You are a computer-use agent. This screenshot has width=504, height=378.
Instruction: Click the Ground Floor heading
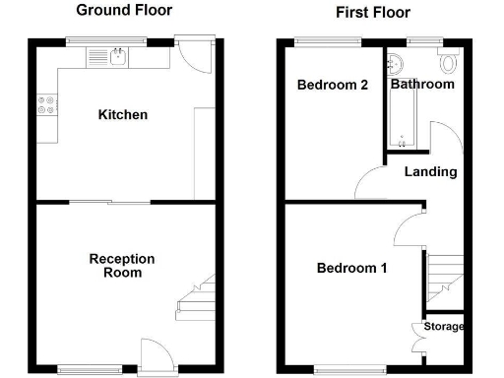click(124, 11)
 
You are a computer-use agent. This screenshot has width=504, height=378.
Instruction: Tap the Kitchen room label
click(123, 115)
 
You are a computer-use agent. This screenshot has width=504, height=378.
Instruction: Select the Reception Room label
click(122, 266)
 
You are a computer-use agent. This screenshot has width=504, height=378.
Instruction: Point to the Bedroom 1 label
click(351, 268)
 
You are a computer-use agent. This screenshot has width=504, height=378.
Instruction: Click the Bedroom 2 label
click(333, 86)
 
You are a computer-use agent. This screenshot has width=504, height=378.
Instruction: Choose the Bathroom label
click(423, 85)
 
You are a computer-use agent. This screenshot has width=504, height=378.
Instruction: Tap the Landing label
click(431, 172)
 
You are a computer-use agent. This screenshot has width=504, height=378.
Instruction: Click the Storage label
click(444, 327)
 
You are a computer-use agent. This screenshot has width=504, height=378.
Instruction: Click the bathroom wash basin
click(397, 64)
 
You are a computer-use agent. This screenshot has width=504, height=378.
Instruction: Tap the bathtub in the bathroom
click(402, 123)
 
